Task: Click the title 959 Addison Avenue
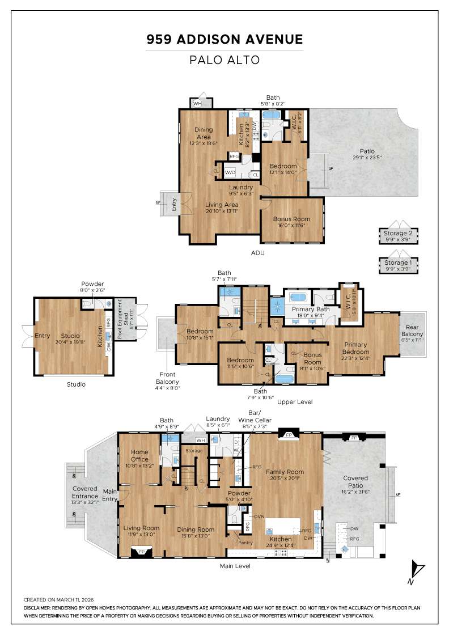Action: click(x=224, y=39)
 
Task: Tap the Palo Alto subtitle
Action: click(x=224, y=60)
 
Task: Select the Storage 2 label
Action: click(x=399, y=233)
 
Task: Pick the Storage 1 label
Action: click(x=399, y=263)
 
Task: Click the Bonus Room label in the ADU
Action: click(x=292, y=219)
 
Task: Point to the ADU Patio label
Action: click(x=367, y=151)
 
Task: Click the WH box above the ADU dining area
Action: click(x=197, y=104)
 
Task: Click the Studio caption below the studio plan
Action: click(x=76, y=384)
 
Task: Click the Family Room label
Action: click(x=285, y=472)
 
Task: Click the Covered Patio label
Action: click(x=355, y=481)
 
